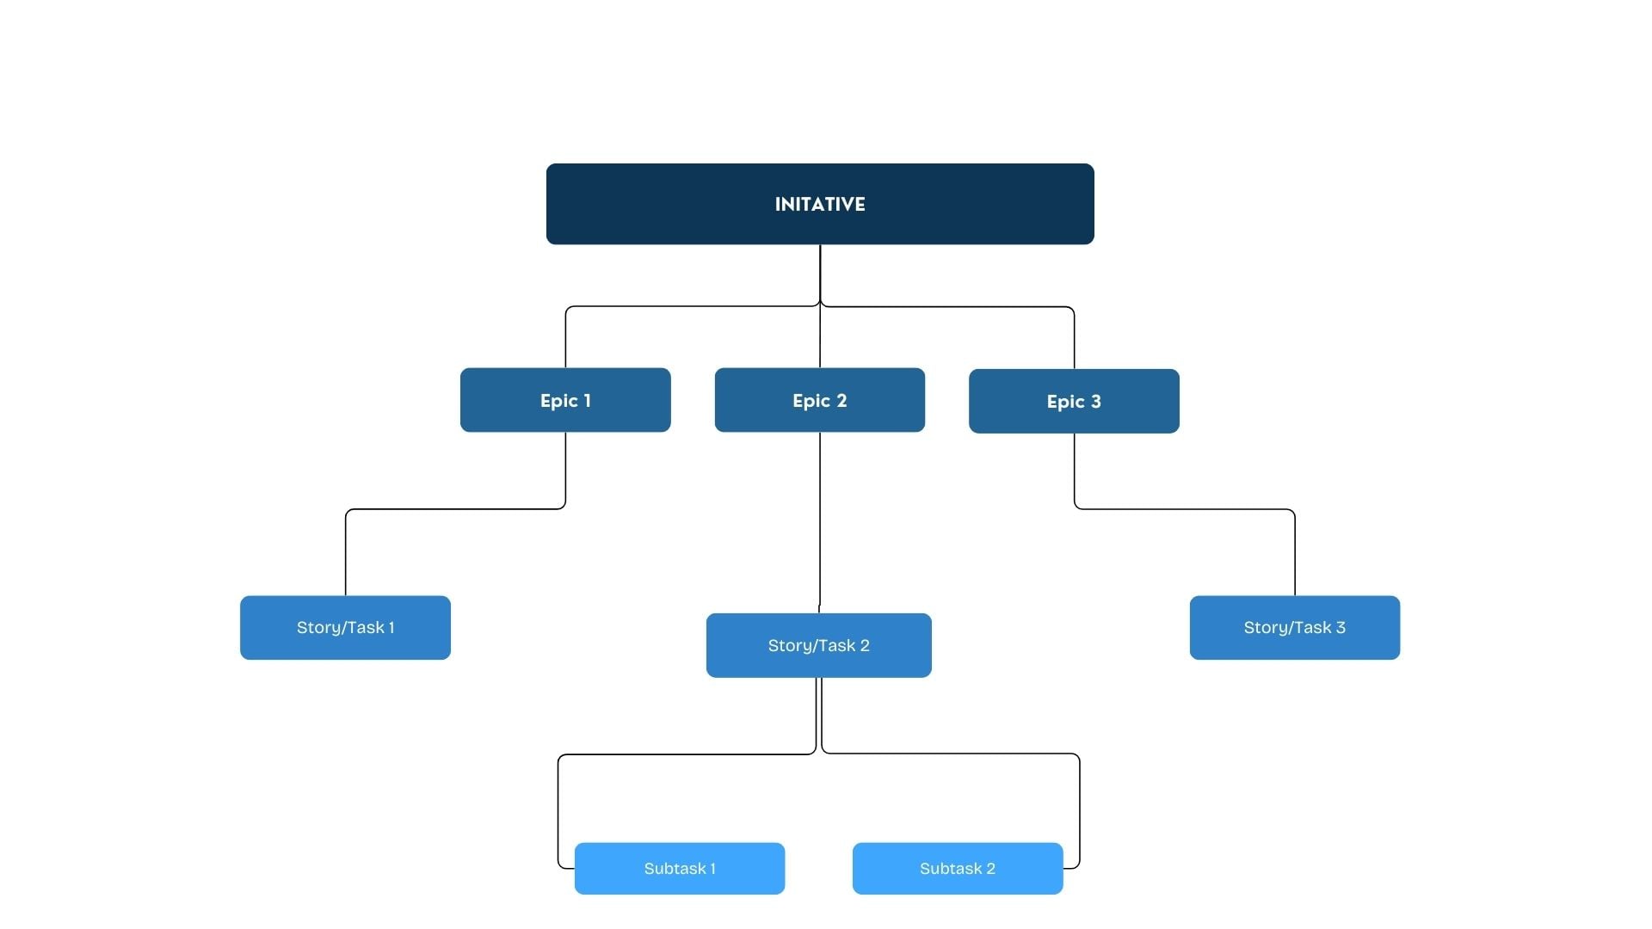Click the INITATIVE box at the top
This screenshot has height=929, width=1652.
(820, 204)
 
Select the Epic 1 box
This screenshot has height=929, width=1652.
(565, 400)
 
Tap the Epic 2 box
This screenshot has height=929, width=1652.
(820, 400)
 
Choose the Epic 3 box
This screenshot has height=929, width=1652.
(1074, 401)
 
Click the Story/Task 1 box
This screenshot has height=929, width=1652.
(345, 628)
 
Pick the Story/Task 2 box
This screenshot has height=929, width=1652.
(819, 645)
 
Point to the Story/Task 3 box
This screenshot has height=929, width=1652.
(1295, 628)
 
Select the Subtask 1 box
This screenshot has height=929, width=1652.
(680, 869)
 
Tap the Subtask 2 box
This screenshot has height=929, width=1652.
(958, 869)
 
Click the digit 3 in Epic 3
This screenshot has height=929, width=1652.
(1096, 402)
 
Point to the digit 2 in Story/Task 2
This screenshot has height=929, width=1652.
(865, 645)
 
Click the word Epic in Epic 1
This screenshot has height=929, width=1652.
(558, 401)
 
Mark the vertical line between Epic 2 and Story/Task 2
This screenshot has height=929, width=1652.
(820, 522)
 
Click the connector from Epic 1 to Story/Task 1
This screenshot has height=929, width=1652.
(455, 509)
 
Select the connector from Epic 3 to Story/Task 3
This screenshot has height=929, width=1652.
(1185, 509)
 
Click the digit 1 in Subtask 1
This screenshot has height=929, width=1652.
(712, 869)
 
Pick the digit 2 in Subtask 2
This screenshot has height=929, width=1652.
(990, 869)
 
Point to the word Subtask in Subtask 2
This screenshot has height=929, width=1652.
(951, 869)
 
